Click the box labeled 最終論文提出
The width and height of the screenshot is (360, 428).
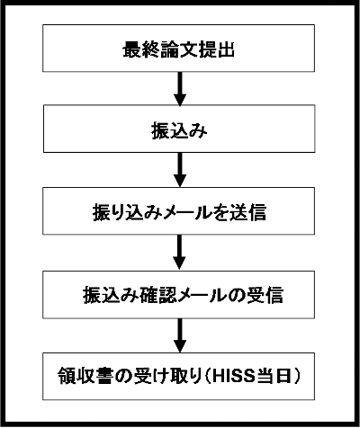[x=178, y=49]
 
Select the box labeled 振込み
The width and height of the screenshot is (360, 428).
[x=179, y=129]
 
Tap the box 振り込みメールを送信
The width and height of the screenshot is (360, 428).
[x=178, y=211]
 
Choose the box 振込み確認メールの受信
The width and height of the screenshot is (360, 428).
[x=178, y=295]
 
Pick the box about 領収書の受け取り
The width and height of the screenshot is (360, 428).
[x=178, y=376]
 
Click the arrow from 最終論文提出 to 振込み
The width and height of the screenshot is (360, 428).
[x=180, y=89]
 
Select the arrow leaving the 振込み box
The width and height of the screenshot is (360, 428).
[x=180, y=170]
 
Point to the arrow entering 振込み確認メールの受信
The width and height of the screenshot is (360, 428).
[x=180, y=253]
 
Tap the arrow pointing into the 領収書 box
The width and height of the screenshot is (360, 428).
[x=180, y=335]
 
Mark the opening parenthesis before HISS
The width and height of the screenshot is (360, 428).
[x=207, y=376]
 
